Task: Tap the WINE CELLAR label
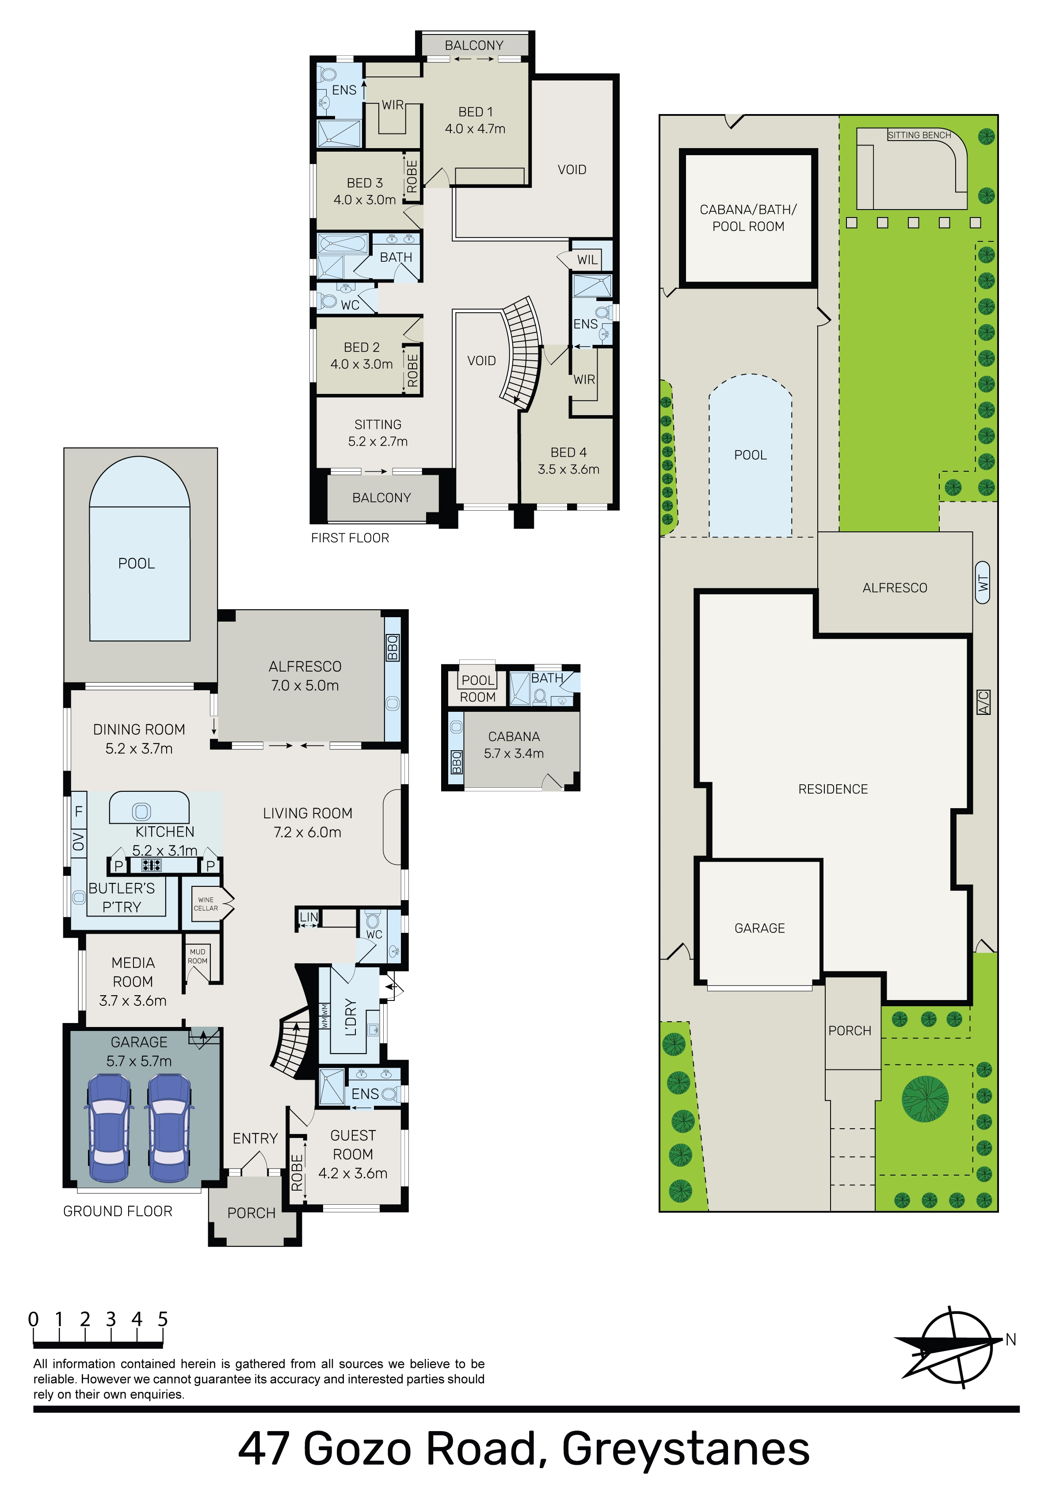tap(206, 904)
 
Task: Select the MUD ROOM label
tap(198, 957)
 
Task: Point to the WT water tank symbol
tap(983, 582)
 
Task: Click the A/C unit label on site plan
tap(983, 703)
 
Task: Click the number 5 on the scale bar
tap(163, 1319)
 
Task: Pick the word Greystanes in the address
tap(686, 1450)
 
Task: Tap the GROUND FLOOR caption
tap(118, 1211)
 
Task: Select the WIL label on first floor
tap(587, 260)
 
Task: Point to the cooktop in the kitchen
tap(152, 864)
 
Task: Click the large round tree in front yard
tap(926, 1099)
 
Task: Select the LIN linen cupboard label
tap(309, 917)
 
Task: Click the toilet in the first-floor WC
tap(328, 301)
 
